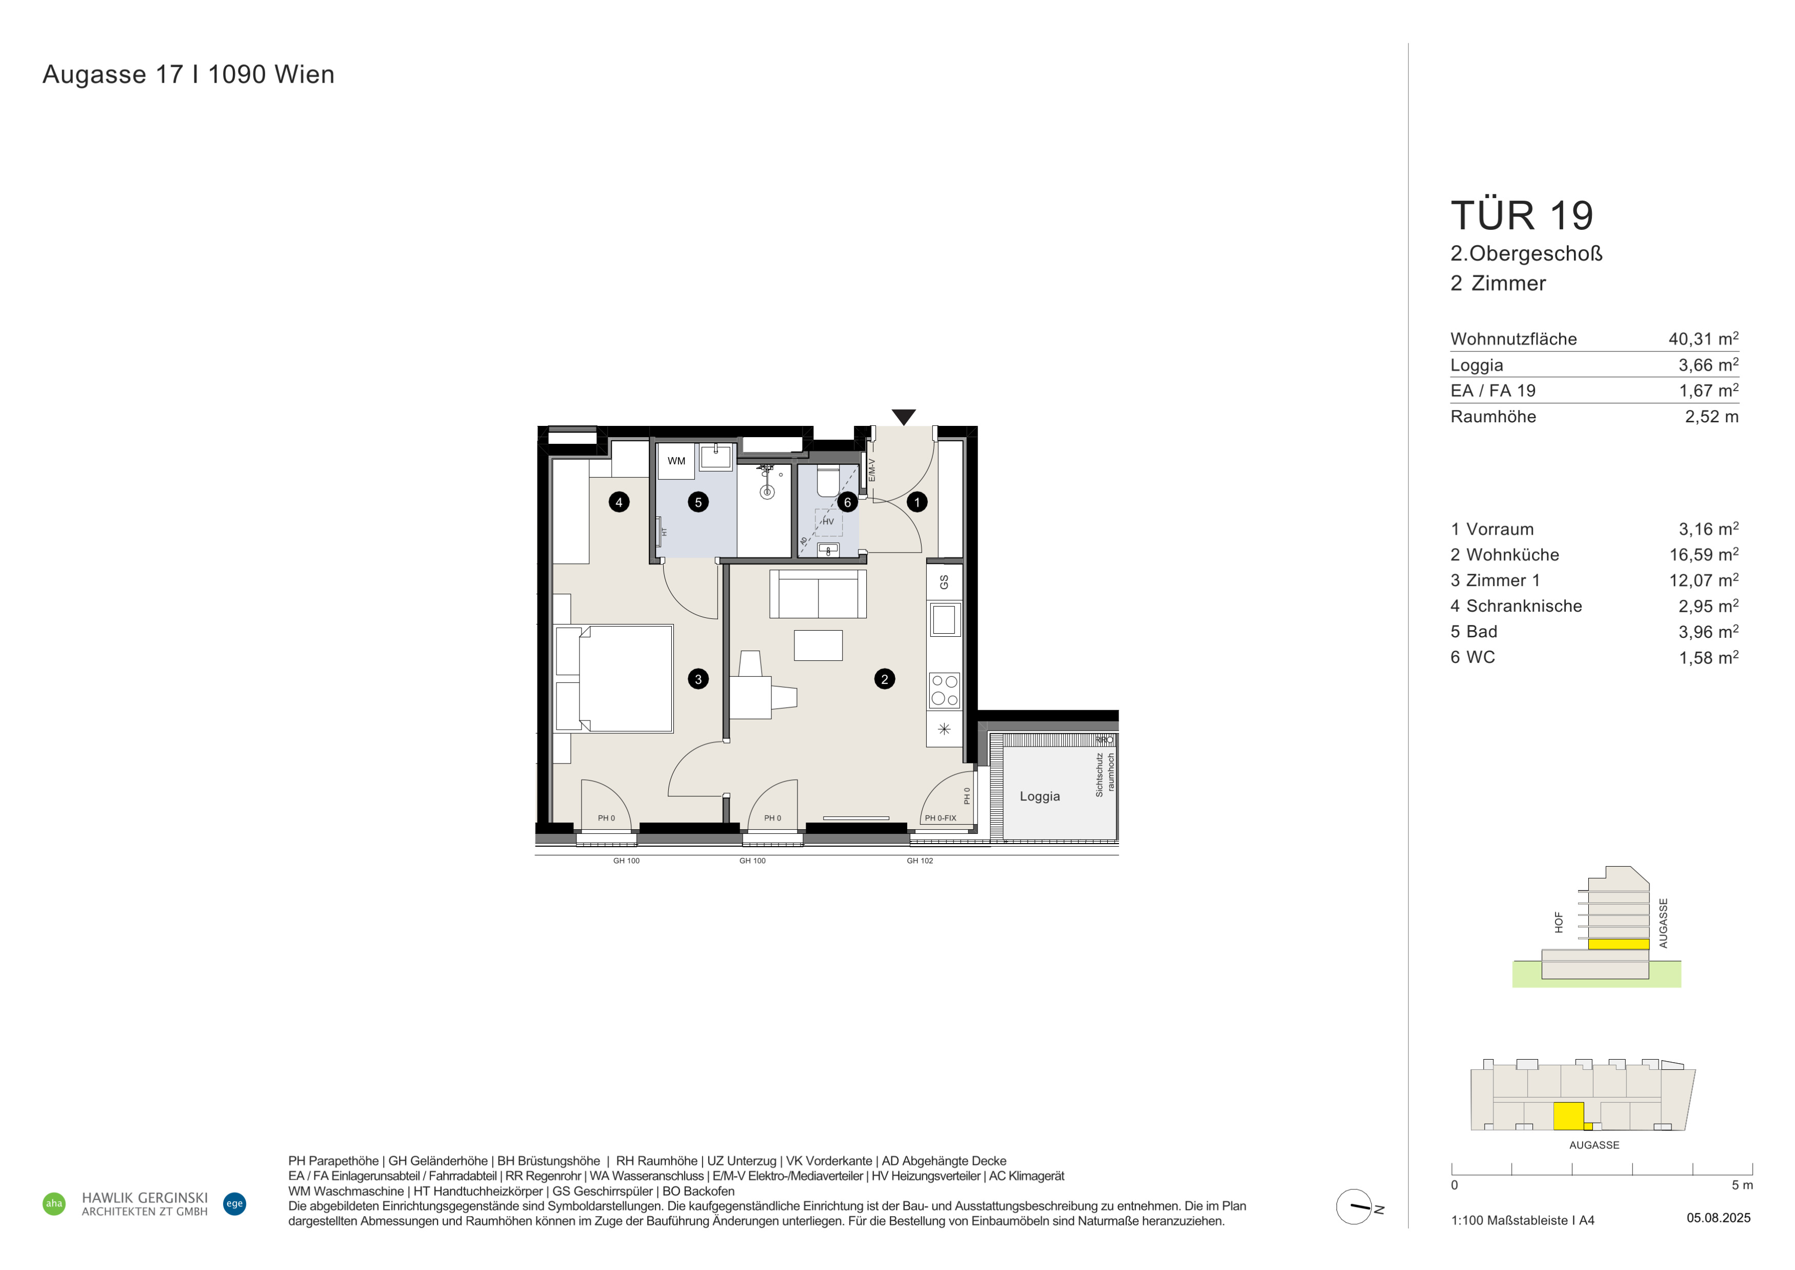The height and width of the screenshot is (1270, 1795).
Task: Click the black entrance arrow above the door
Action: [x=904, y=417]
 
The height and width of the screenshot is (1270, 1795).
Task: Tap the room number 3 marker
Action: [x=698, y=679]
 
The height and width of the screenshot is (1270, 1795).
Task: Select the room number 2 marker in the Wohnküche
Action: [x=884, y=679]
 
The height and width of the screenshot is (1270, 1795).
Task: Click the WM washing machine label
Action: [x=676, y=461]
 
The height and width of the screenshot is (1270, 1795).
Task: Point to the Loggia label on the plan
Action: [x=1040, y=796]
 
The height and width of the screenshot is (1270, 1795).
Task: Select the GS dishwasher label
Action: [x=944, y=582]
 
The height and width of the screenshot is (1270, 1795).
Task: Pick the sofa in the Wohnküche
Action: [x=818, y=594]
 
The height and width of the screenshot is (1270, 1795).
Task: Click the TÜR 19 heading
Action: [x=1521, y=216]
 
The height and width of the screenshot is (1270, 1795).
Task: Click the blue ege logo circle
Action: [x=234, y=1203]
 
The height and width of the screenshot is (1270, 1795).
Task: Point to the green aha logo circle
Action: [x=54, y=1203]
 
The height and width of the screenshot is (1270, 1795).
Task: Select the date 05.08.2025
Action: [x=1719, y=1218]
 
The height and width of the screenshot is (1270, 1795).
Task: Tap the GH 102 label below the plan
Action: [x=920, y=861]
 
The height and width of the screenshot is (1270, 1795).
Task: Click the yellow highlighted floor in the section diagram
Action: [x=1618, y=944]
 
